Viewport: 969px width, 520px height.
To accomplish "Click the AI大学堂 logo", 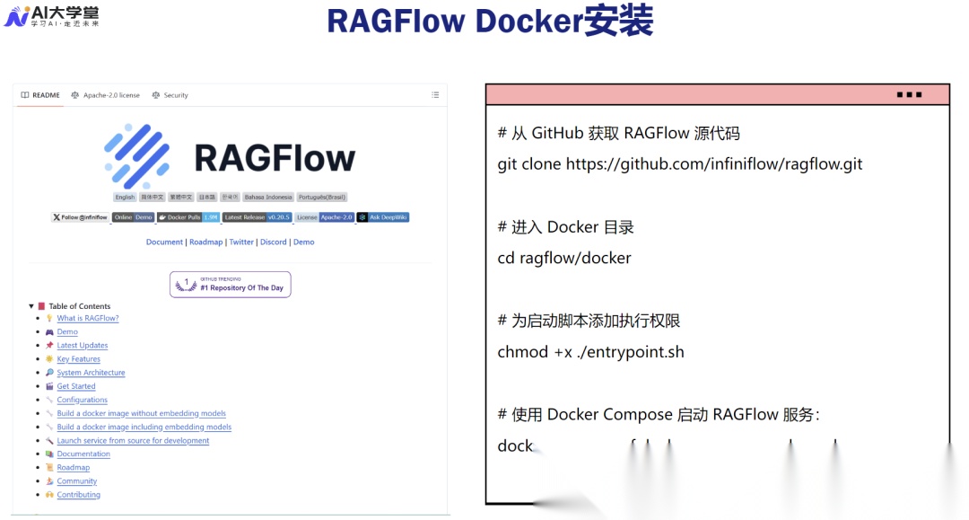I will (x=51, y=15).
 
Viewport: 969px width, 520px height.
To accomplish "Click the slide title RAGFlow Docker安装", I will (x=489, y=21).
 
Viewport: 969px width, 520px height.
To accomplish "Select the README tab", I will (x=41, y=95).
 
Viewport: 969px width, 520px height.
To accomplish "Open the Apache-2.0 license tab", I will (x=106, y=95).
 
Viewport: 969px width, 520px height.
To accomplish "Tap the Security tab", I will (x=170, y=95).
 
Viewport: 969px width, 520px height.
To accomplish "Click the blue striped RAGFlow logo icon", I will (x=136, y=156).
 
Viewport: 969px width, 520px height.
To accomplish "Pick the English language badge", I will (x=125, y=198).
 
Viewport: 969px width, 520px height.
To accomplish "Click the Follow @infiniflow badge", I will (x=80, y=217).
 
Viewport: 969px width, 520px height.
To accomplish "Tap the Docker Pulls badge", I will (x=188, y=217).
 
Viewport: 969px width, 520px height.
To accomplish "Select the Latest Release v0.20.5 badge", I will (x=257, y=217).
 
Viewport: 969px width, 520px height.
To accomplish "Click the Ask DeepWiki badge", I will (x=383, y=217).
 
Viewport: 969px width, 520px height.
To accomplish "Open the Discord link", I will (x=274, y=242).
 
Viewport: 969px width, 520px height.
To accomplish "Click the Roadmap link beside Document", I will (x=206, y=242).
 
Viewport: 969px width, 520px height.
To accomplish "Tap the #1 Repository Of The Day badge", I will (x=231, y=285).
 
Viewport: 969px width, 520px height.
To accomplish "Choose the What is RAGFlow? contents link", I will (x=88, y=319).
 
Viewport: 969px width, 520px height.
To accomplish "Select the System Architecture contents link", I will (x=91, y=373).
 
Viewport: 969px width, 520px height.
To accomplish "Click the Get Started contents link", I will (x=76, y=386).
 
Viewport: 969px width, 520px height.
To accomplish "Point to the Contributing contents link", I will (x=79, y=495).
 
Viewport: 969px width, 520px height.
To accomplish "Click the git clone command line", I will (x=679, y=164).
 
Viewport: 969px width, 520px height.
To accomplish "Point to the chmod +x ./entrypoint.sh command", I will (x=590, y=352).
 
